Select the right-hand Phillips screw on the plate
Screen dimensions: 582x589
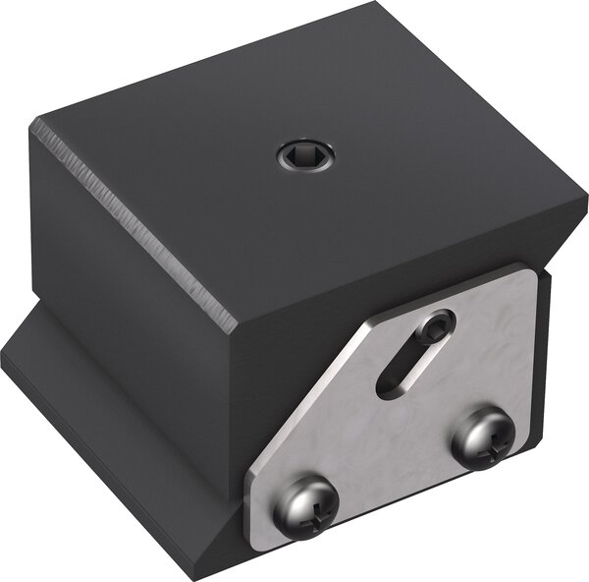pos(483,438)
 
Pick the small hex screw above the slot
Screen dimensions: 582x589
pos(437,325)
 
